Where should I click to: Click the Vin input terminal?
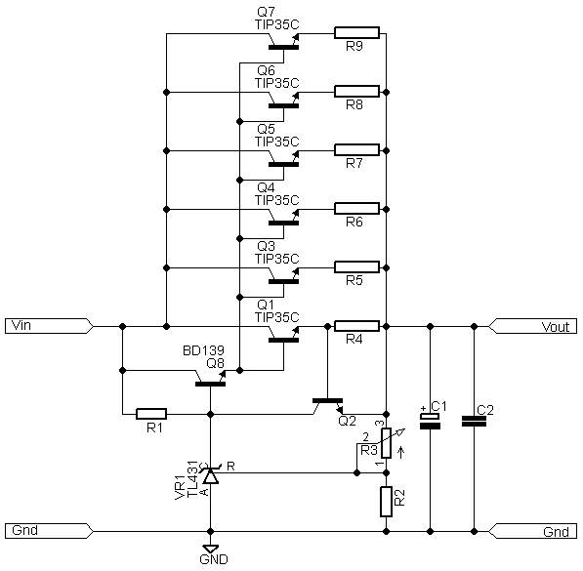click(49, 326)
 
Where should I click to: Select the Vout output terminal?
click(532, 326)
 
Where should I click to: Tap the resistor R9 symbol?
click(356, 33)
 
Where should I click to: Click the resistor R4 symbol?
click(356, 326)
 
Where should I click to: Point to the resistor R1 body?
click(151, 414)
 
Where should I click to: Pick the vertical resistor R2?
click(386, 502)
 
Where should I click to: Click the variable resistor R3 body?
click(386, 443)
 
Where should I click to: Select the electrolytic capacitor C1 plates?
click(430, 422)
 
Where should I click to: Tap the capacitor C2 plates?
click(474, 422)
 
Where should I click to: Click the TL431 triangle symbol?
click(210, 476)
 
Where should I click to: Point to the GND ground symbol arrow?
click(210, 549)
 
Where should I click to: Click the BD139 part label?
click(203, 350)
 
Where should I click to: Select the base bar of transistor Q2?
click(327, 401)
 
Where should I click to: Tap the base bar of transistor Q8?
click(210, 384)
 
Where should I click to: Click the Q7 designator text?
click(266, 12)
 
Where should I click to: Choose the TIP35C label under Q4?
click(277, 200)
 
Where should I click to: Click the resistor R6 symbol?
click(356, 209)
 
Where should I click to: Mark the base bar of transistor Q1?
click(283, 340)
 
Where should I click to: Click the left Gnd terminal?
click(49, 531)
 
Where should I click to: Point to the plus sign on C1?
click(423, 409)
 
